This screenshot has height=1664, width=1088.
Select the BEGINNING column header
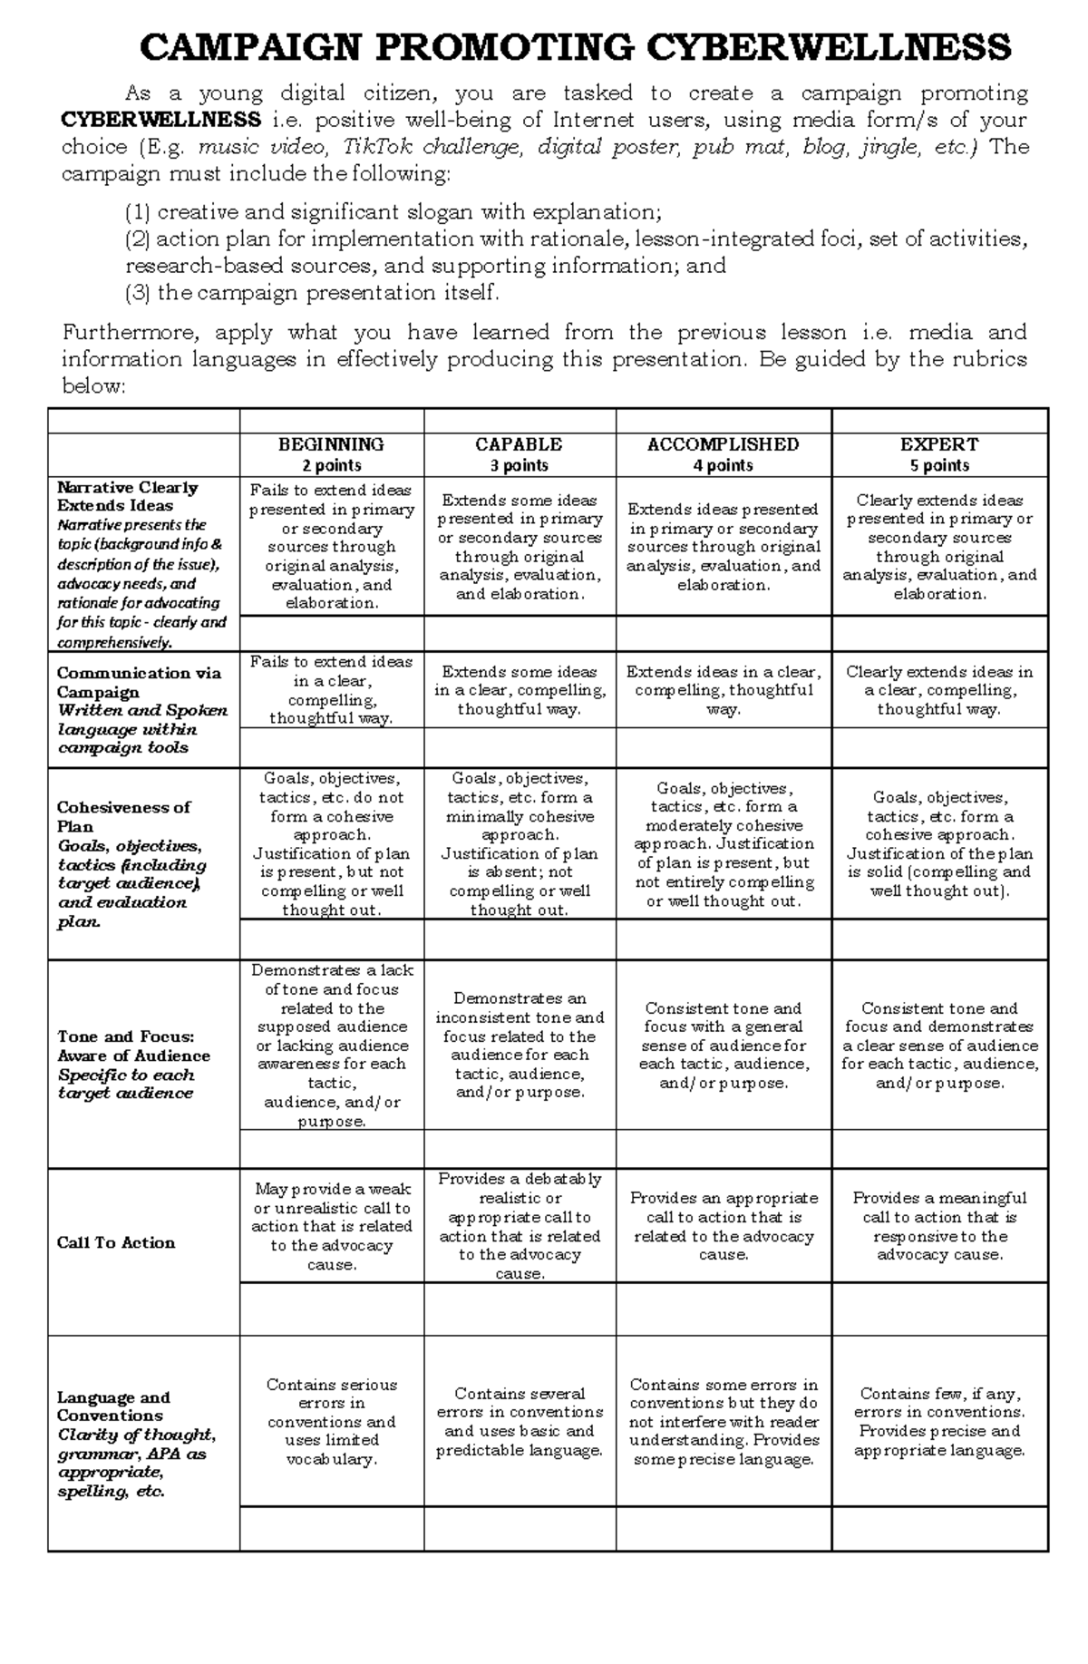click(x=331, y=444)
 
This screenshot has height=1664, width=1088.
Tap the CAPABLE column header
click(x=519, y=444)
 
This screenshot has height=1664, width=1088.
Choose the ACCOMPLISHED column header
click(x=723, y=444)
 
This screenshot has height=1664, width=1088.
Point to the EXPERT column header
click(x=938, y=444)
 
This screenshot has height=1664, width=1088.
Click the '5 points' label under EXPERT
click(x=939, y=465)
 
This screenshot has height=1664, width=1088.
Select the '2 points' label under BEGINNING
click(x=332, y=465)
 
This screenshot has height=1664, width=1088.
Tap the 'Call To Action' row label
click(x=116, y=1242)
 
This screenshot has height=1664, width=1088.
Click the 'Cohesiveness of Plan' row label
click(x=123, y=816)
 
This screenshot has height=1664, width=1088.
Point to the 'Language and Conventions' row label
click(x=113, y=1406)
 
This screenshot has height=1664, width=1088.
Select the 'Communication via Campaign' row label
click(x=139, y=682)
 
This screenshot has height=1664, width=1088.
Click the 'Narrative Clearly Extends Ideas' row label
click(x=127, y=496)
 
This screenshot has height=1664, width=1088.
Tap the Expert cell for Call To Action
click(x=939, y=1226)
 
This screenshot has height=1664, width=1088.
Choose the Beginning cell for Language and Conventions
click(x=331, y=1422)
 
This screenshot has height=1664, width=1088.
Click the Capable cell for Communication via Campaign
click(x=520, y=690)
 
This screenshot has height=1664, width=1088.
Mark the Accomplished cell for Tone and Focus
click(x=723, y=1046)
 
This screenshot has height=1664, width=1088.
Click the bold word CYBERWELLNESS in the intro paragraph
click(x=161, y=121)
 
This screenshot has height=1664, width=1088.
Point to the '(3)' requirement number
click(x=138, y=293)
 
